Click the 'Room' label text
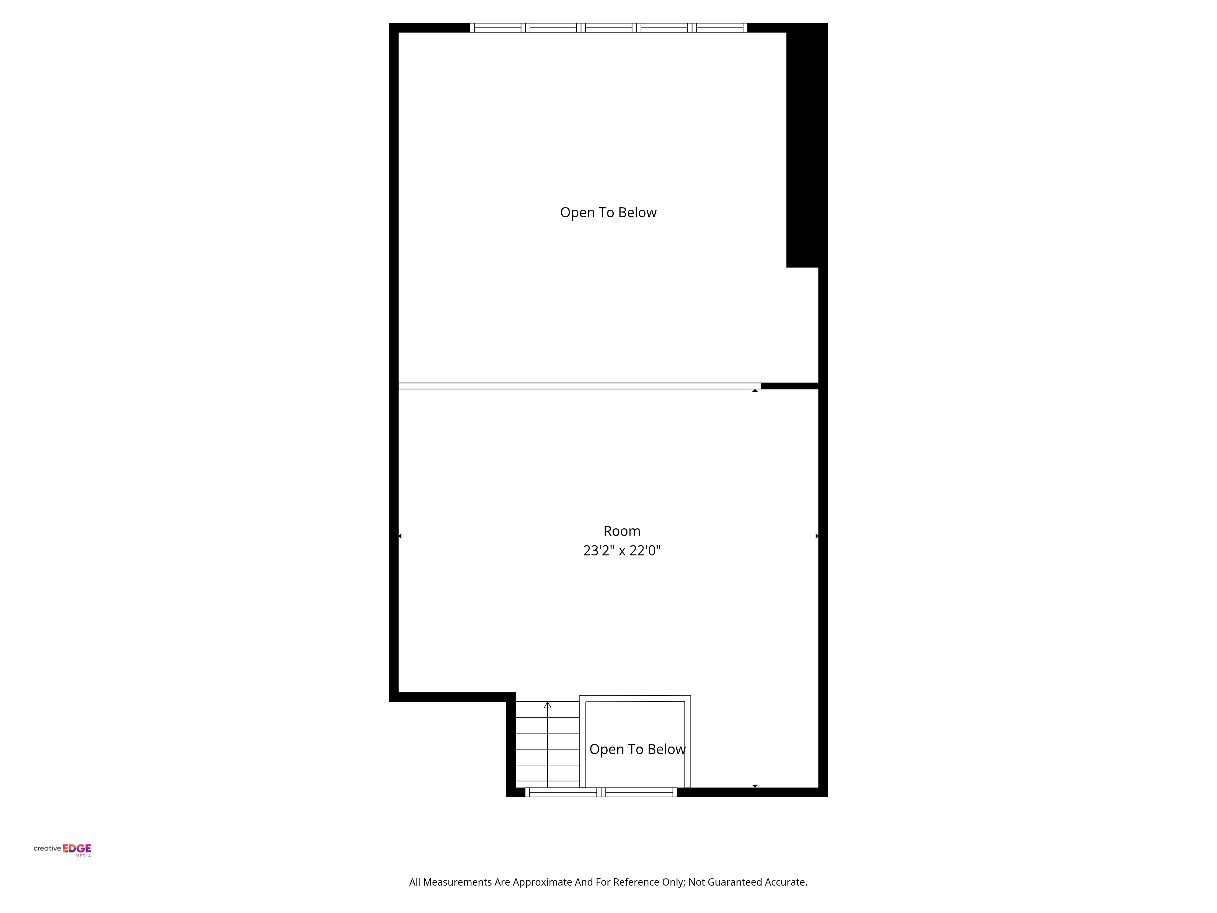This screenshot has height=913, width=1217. [622, 531]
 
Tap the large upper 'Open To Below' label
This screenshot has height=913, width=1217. [608, 212]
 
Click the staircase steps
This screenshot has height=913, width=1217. [547, 744]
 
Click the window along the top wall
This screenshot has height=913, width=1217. [608, 27]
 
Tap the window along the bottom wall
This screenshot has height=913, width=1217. [601, 792]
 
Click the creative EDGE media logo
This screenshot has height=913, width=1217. [62, 850]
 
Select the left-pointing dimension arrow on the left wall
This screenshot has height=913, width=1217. [400, 536]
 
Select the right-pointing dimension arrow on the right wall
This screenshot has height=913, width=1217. [817, 536]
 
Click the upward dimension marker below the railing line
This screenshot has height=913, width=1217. [755, 390]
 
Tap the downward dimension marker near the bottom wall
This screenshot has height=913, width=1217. [755, 786]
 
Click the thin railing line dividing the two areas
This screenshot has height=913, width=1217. [579, 386]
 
